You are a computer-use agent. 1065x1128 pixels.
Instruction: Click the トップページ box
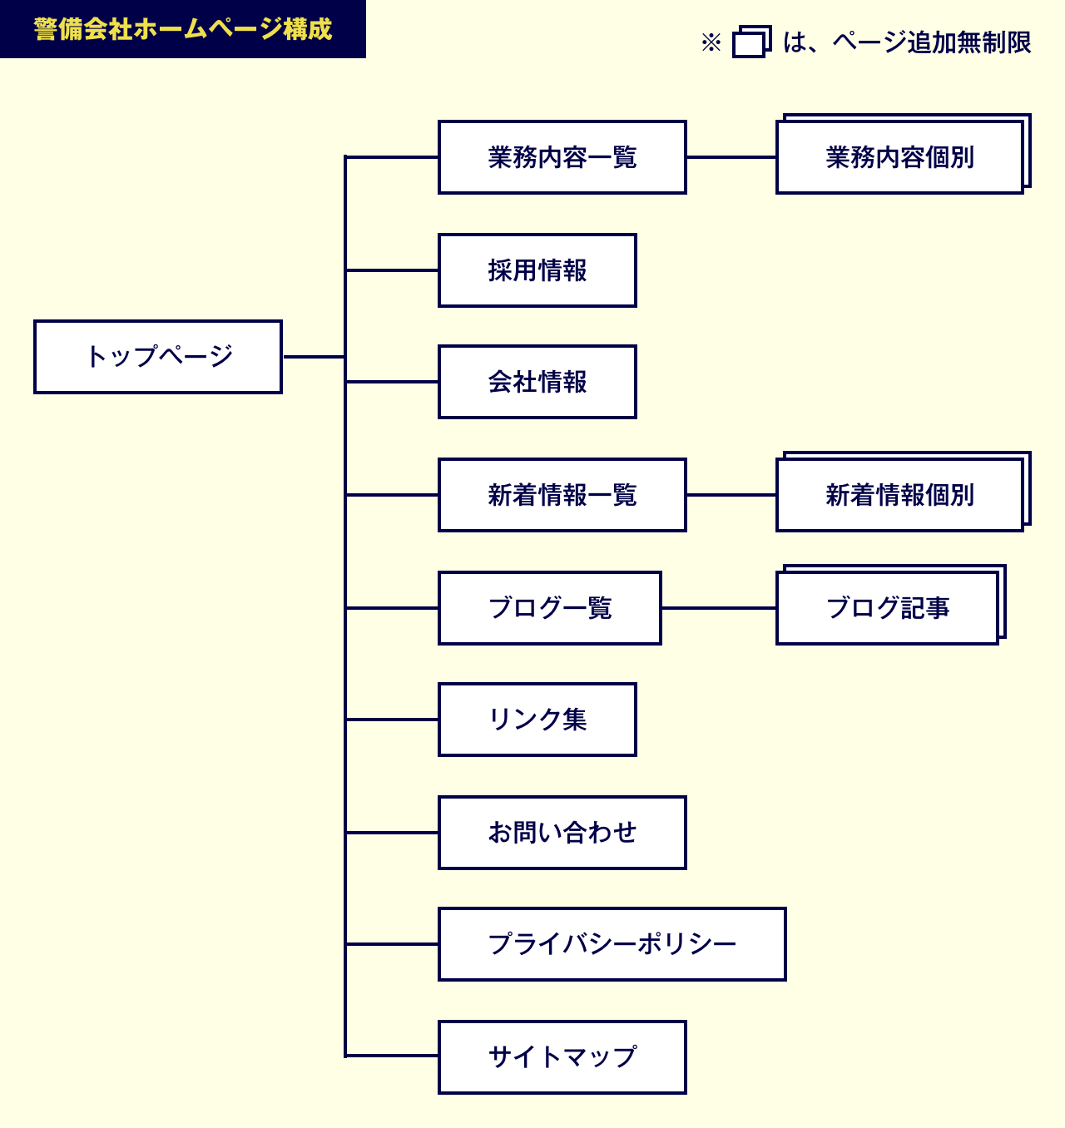[x=157, y=357]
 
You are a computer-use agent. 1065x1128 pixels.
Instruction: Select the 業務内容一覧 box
[x=562, y=156]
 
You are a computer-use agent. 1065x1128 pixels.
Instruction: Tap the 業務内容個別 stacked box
[x=903, y=154]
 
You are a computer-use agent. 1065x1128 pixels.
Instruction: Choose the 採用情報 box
[x=537, y=270]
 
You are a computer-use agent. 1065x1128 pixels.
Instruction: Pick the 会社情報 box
[x=537, y=382]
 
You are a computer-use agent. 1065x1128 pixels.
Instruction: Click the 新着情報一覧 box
[x=562, y=495]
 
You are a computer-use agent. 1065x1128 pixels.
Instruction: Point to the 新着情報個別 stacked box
[x=903, y=492]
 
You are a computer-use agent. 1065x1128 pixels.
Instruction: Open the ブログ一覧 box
[x=549, y=608]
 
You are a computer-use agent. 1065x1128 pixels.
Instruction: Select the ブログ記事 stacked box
[x=890, y=605]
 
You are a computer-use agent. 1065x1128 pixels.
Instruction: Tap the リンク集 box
[x=537, y=719]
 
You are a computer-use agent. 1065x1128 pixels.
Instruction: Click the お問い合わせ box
[x=562, y=832]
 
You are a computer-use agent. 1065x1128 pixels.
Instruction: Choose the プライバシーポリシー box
[x=612, y=944]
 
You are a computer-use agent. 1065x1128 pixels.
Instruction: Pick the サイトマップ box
[x=562, y=1057]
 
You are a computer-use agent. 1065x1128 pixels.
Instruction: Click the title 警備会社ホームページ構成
[x=183, y=29]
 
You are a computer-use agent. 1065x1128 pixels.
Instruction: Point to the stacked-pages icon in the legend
[x=752, y=42]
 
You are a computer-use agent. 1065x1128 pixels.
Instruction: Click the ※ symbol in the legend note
[x=711, y=42]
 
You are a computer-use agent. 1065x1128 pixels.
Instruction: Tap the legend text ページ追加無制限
[x=931, y=42]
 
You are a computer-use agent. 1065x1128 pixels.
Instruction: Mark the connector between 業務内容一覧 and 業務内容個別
[x=731, y=156]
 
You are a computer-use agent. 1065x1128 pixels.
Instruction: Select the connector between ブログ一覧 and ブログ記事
[x=719, y=608]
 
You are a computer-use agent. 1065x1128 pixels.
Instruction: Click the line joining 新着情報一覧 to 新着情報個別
[x=731, y=495]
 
